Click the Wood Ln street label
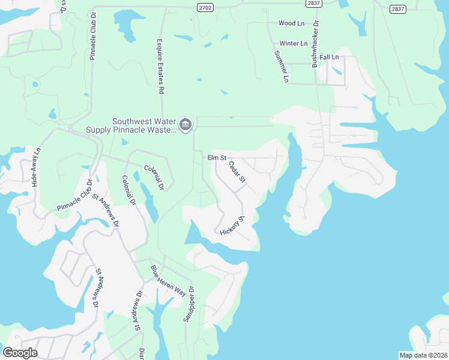[291, 23]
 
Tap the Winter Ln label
[293, 44]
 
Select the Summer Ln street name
[282, 67]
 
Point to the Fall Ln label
[329, 57]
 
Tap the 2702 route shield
[205, 7]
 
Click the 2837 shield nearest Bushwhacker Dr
[313, 4]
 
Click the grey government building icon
[185, 124]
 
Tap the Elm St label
[216, 158]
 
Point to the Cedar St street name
[237, 171]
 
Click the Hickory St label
[232, 226]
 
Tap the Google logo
[20, 353]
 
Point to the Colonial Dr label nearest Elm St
[154, 178]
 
